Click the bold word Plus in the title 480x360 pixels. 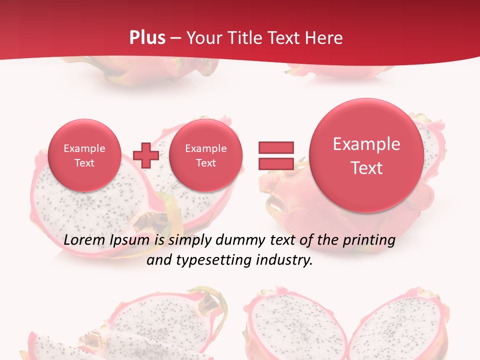[147, 37]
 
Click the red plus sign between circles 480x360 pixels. [146, 155]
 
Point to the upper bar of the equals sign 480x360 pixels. [276, 147]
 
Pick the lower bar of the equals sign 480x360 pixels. [276, 163]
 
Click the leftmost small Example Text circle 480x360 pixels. [84, 155]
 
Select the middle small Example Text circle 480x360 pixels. [205, 155]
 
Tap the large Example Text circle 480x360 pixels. [366, 155]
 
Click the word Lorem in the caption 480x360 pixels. [85, 240]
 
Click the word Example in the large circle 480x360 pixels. [366, 144]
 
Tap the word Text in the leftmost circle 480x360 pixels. [84, 163]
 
